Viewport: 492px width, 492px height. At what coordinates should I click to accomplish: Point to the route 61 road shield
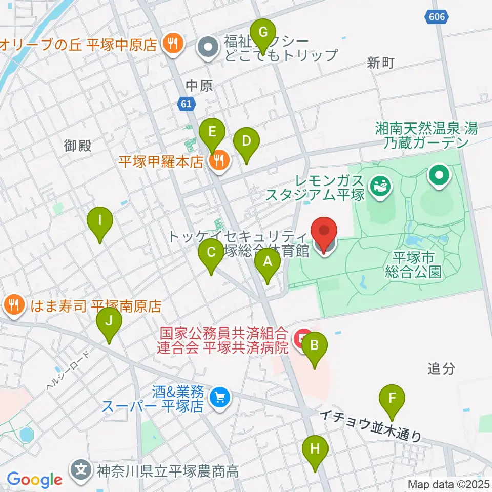coord(187,105)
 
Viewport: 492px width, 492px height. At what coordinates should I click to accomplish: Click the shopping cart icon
coord(221,397)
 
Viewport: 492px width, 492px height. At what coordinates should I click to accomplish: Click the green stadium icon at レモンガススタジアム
coord(380,186)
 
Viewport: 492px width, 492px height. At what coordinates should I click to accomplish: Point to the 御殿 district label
coord(78,146)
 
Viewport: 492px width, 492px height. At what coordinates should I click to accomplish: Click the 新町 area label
coord(380,63)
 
